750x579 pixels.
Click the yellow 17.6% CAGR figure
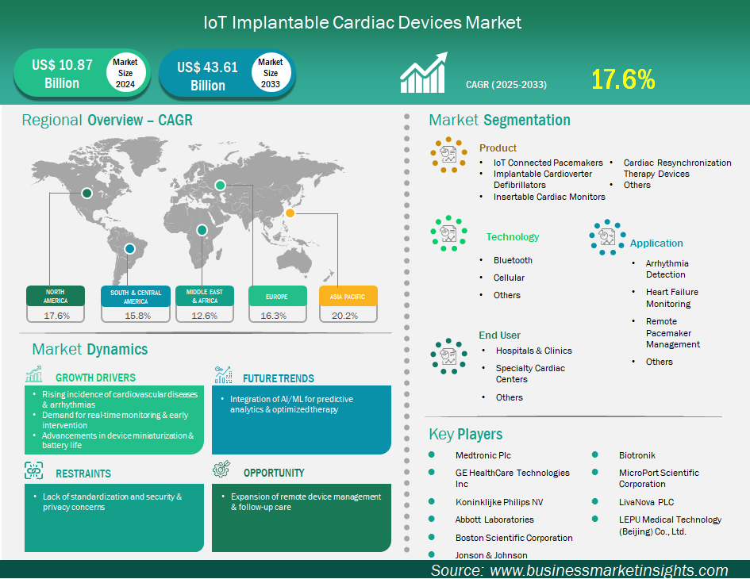click(x=623, y=79)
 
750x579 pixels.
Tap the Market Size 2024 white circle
click(x=125, y=73)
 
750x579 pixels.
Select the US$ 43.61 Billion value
click(x=208, y=76)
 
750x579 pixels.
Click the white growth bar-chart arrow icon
click(x=424, y=72)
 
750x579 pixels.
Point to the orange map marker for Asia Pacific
click(x=290, y=213)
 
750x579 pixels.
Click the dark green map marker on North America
click(x=87, y=193)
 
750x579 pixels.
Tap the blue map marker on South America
click(x=129, y=248)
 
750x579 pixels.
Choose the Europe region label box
click(x=278, y=297)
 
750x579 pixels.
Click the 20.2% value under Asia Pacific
click(x=345, y=316)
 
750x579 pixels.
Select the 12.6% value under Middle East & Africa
click(x=204, y=316)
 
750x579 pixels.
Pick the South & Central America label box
click(x=136, y=297)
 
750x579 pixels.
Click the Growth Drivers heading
click(x=96, y=378)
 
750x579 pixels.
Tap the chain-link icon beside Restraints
click(x=33, y=470)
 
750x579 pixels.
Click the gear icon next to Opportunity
click(x=221, y=470)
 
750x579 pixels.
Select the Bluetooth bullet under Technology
click(x=513, y=260)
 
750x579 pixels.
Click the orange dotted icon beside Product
click(x=448, y=155)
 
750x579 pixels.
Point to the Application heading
click(x=656, y=243)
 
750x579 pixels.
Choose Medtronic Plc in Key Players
click(x=483, y=455)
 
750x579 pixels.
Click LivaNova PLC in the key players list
click(x=646, y=502)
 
